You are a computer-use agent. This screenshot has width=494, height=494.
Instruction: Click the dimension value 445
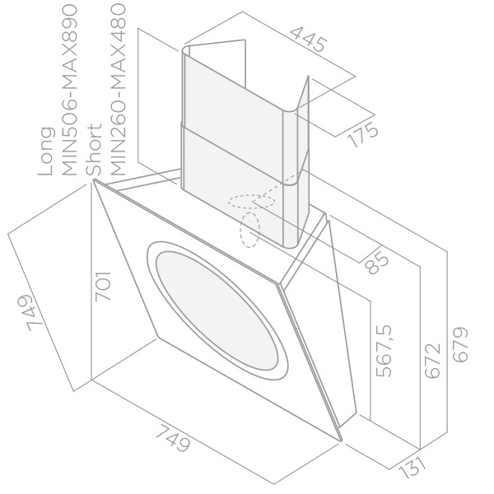click(309, 40)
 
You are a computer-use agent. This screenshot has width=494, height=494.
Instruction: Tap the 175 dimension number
click(363, 133)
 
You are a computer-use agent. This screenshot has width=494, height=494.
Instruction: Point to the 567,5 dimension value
click(384, 352)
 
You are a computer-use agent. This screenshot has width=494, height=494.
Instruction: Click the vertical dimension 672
click(432, 360)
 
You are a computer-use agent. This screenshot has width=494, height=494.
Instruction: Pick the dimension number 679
click(460, 345)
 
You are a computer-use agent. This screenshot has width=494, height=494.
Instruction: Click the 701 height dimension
click(104, 286)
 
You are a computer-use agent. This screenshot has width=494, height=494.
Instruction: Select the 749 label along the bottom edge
click(173, 438)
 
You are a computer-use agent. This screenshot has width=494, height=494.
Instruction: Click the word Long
click(45, 151)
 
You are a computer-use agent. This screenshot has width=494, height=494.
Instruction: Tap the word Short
click(94, 150)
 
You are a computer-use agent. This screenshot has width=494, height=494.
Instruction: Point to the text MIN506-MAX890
click(70, 90)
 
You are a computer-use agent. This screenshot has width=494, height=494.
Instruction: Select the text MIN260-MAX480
click(118, 90)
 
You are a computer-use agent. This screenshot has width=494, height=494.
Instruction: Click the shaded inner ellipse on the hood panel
click(217, 310)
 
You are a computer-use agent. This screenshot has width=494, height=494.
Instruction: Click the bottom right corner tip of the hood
click(342, 440)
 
